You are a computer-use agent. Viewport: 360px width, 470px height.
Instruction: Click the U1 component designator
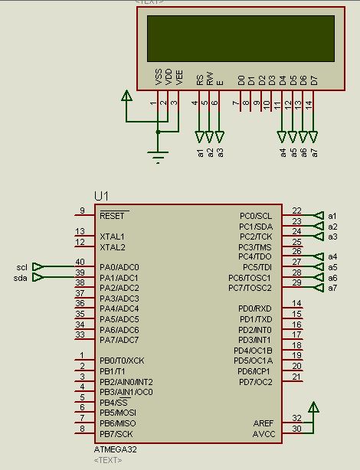pyautogui.click(x=102, y=197)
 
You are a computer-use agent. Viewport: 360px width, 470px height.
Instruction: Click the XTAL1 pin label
pyautogui.click(x=113, y=237)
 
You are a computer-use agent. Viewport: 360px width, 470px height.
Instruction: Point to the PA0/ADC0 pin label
pyautogui.click(x=119, y=267)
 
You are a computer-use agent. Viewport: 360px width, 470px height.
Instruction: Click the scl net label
pyautogui.click(x=21, y=267)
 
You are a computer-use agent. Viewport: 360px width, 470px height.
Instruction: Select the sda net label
pyautogui.click(x=21, y=278)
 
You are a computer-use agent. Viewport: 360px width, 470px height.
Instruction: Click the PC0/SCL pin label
pyautogui.click(x=255, y=216)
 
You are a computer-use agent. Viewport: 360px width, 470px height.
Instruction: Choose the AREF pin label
pyautogui.click(x=263, y=423)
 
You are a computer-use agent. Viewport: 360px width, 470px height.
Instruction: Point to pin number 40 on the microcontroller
pyautogui.click(x=80, y=263)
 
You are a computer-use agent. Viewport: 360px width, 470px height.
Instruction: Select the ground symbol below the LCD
pyautogui.click(x=159, y=157)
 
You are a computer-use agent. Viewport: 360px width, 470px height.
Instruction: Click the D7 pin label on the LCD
pyautogui.click(x=314, y=79)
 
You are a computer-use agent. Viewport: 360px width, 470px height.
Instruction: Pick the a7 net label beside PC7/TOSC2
pyautogui.click(x=332, y=288)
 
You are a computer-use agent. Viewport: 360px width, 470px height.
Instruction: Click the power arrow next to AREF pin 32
pyautogui.click(x=312, y=406)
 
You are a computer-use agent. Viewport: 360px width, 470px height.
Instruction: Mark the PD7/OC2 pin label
pyautogui.click(x=256, y=381)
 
